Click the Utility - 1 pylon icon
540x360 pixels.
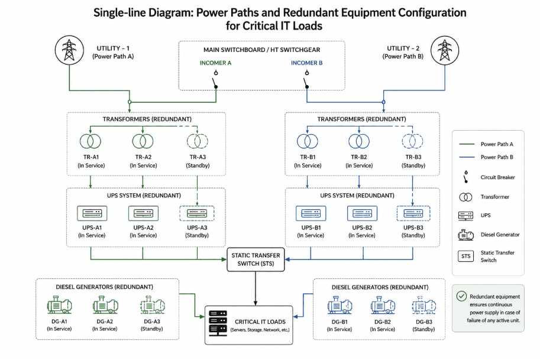pos(70,50)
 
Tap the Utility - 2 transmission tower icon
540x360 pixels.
pos(445,50)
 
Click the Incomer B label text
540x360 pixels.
pos(306,63)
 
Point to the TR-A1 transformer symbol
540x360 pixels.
pos(90,141)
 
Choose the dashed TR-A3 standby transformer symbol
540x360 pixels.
pos(198,141)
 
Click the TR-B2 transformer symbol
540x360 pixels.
pos(359,141)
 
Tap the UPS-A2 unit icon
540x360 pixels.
pos(143,213)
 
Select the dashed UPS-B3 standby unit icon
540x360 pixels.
pos(413,213)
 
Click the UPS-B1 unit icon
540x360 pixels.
pos(311,213)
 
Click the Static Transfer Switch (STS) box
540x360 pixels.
pos(256,260)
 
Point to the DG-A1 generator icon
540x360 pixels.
pos(59,305)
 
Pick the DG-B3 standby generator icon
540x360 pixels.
pos(424,305)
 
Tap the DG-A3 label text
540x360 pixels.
pos(151,322)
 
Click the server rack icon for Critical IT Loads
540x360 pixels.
pos(218,323)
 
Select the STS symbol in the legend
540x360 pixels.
pos(465,256)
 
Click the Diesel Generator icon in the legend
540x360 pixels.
pos(465,235)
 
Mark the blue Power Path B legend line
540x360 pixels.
pos(467,157)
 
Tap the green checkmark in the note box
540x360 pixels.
pos(461,296)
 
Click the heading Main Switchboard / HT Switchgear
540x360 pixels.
pos(262,50)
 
